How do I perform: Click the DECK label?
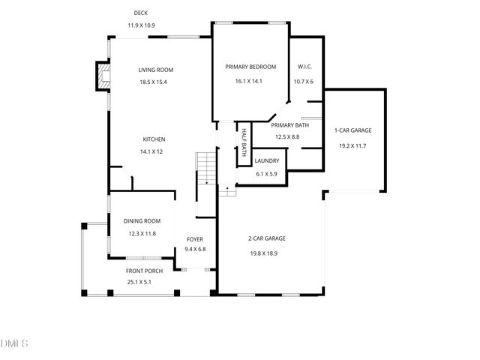(140, 13)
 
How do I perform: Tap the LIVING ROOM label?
(156, 70)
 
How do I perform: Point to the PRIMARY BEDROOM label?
(250, 67)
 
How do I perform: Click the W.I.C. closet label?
(304, 67)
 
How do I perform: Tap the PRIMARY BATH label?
(290, 125)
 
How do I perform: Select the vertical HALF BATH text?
(244, 140)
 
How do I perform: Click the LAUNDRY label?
(267, 161)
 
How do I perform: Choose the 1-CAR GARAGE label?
(352, 130)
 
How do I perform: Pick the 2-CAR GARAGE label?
(268, 238)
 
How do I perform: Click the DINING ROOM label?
(142, 221)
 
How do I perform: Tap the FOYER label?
(195, 239)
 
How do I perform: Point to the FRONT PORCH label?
(143, 271)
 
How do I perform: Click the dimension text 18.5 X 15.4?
(153, 82)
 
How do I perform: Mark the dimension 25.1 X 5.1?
(139, 283)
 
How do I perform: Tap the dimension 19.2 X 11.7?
(352, 145)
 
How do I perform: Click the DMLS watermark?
(15, 344)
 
